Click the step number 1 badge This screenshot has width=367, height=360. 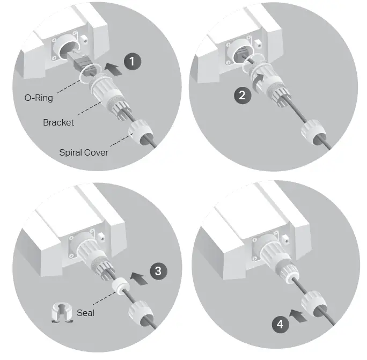(132, 62)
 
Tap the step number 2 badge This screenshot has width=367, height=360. (243, 95)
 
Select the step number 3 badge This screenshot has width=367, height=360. (158, 270)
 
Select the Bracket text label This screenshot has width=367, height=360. (58, 122)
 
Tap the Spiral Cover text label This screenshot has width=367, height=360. (84, 152)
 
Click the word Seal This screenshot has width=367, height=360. (85, 312)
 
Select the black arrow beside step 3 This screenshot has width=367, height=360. (138, 277)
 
